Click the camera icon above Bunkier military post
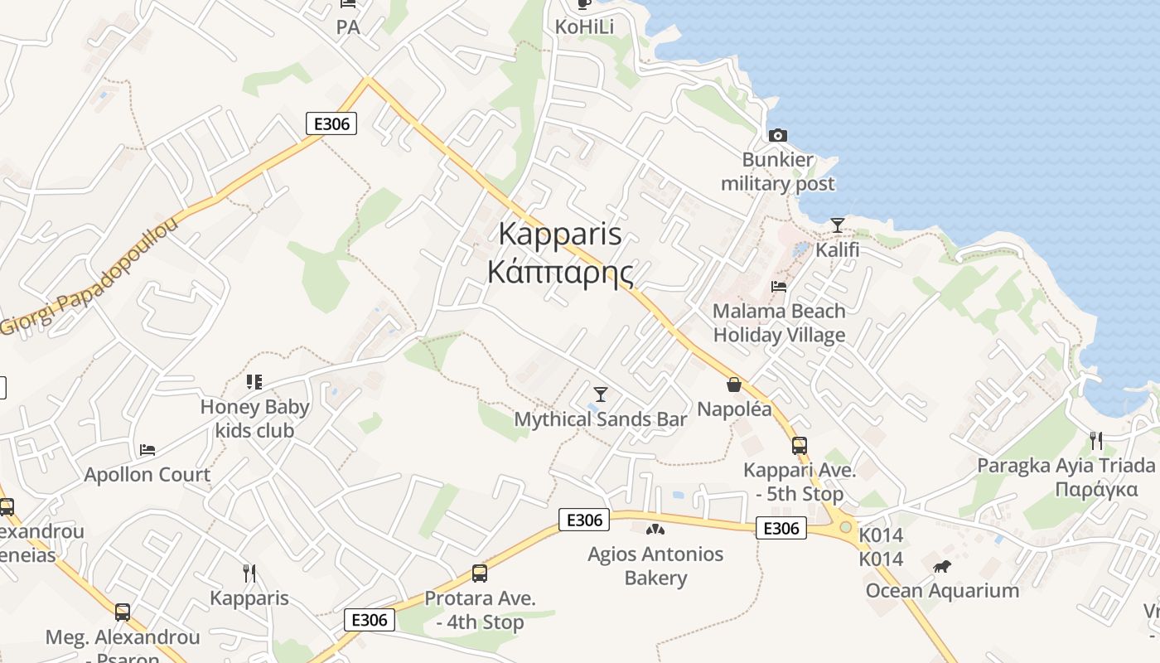click(x=777, y=135)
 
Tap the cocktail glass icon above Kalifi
click(x=838, y=225)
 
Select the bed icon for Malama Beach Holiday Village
click(x=779, y=287)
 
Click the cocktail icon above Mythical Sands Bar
click(x=601, y=394)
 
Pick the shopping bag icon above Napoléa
click(x=733, y=385)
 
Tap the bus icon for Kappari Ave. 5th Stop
click(x=800, y=446)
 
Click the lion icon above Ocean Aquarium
click(x=942, y=567)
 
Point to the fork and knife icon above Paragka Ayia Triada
click(x=1095, y=440)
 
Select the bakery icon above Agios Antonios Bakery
click(x=655, y=529)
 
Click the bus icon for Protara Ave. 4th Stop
click(x=480, y=573)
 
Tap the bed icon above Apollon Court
click(x=147, y=450)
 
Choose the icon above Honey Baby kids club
click(x=254, y=382)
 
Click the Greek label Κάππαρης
click(x=560, y=272)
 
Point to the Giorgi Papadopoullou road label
click(x=89, y=277)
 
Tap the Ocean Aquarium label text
click(x=942, y=591)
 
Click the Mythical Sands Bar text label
click(x=601, y=419)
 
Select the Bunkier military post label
click(x=777, y=172)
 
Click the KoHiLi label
click(x=585, y=27)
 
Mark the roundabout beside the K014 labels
click(x=845, y=527)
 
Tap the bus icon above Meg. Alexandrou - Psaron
click(x=123, y=612)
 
